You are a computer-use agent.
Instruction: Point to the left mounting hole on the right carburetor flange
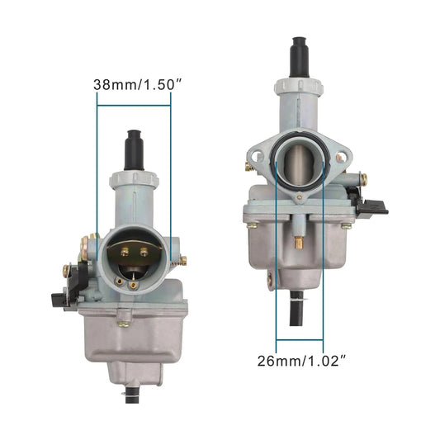256,154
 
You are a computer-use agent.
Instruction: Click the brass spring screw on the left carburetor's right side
182,260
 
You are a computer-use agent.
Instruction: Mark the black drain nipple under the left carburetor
131,395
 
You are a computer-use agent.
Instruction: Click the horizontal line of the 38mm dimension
134,105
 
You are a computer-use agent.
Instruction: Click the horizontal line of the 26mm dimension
300,338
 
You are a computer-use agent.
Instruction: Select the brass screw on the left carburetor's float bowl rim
123,324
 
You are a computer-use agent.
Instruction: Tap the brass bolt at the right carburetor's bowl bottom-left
269,281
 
